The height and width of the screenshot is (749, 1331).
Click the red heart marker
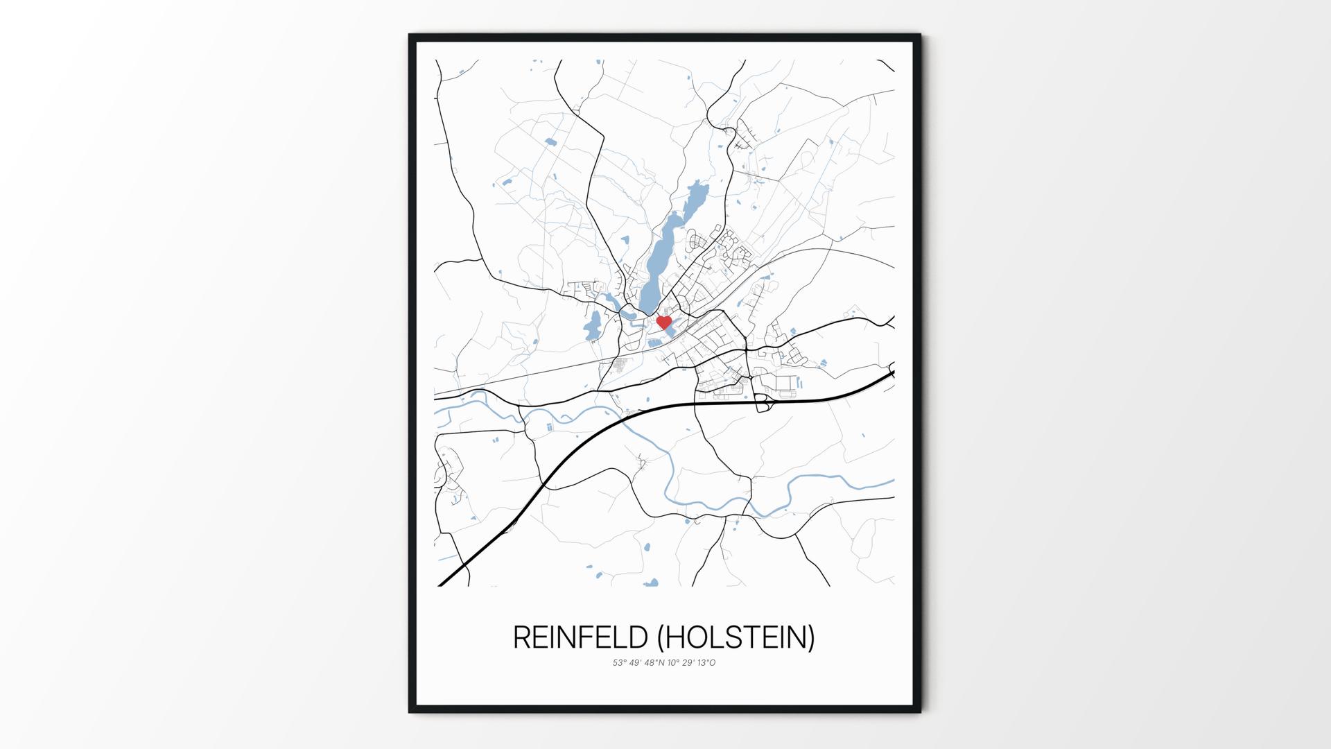point(663,322)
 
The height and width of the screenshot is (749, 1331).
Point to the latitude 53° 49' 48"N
point(638,663)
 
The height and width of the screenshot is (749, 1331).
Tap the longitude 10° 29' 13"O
point(691,663)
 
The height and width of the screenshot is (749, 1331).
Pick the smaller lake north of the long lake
point(693,200)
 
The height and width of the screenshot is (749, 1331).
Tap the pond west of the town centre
point(593,326)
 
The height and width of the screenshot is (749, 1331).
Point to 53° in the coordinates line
point(618,663)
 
